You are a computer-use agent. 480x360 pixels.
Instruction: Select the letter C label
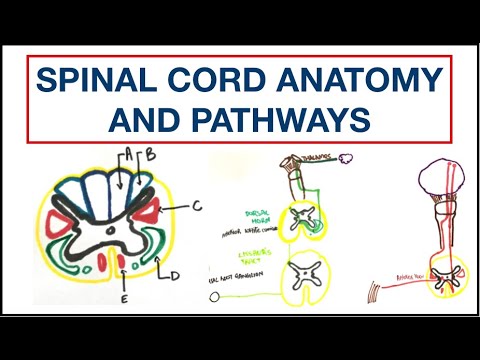(198, 205)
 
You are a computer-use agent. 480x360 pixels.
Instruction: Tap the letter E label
(122, 297)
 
